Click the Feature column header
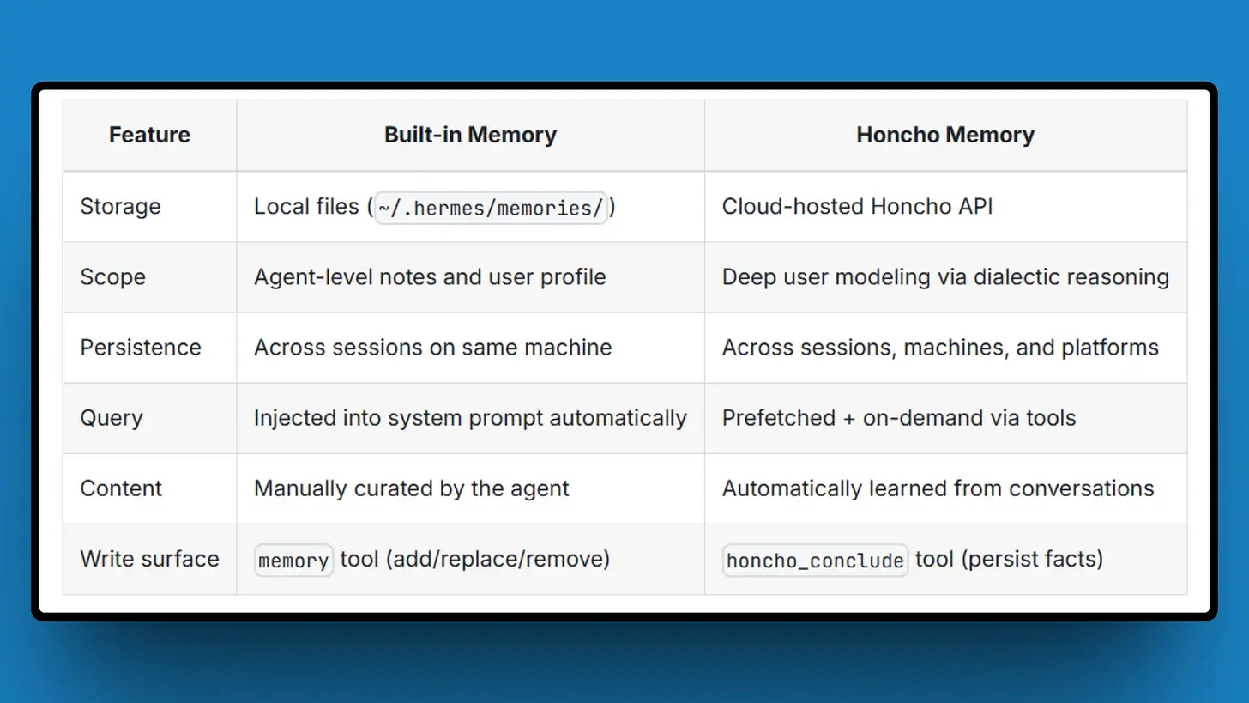click(x=149, y=135)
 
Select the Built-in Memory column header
click(x=470, y=135)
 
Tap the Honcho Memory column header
click(x=945, y=135)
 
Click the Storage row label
click(x=120, y=207)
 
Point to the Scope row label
click(x=112, y=277)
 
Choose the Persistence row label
click(x=141, y=348)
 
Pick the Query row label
click(x=112, y=418)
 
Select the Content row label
click(x=121, y=488)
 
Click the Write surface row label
click(x=149, y=559)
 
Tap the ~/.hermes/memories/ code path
click(x=491, y=208)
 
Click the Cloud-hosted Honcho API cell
click(x=857, y=207)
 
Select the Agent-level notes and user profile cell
click(x=430, y=277)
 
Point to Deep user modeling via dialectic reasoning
click(x=945, y=277)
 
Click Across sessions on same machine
click(x=432, y=348)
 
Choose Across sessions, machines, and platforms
click(x=940, y=348)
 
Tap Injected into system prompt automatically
click(x=470, y=418)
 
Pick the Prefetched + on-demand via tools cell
click(x=899, y=418)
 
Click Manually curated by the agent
click(x=412, y=488)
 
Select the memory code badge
click(x=293, y=561)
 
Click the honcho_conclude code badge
click(x=815, y=561)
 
